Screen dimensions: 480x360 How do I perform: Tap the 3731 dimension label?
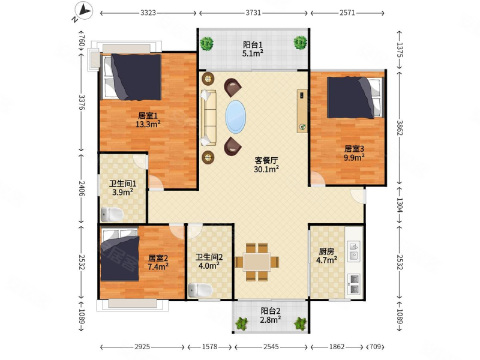(253, 13)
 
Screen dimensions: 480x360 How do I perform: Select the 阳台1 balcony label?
(253, 44)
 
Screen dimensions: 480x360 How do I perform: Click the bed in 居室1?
(131, 77)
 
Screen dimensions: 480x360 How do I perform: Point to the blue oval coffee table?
(235, 116)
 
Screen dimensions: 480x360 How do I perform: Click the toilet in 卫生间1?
(112, 214)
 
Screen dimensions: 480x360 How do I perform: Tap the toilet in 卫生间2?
(200, 290)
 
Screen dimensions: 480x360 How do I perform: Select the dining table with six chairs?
(257, 262)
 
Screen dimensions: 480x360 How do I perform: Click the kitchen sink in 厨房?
(353, 251)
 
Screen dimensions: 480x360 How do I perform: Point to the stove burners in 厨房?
(354, 284)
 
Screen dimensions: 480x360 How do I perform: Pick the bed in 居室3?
(355, 97)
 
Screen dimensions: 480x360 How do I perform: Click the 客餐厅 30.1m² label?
(266, 164)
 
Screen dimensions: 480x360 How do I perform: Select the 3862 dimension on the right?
(400, 128)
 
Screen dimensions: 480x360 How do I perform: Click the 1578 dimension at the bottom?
(209, 347)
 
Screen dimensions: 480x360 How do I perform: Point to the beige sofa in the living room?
(209, 118)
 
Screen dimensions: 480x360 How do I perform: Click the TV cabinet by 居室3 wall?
(302, 111)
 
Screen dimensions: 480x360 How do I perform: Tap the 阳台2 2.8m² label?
(271, 316)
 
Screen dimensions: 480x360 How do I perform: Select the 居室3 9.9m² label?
(354, 153)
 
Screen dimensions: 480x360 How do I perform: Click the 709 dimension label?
(375, 347)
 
